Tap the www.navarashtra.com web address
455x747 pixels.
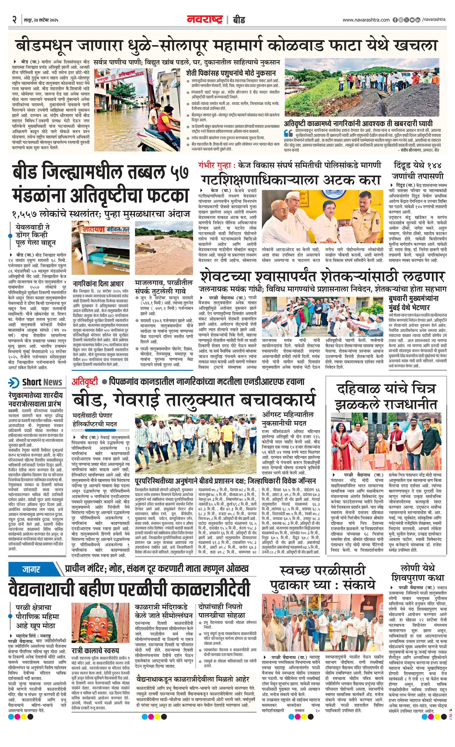point(366,20)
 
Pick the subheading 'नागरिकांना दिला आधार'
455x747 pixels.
point(98,284)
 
